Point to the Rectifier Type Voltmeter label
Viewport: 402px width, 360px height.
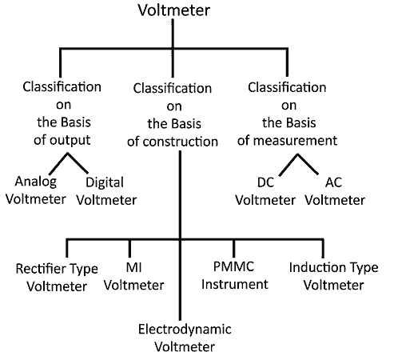(x=57, y=276)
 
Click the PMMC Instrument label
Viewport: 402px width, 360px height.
(x=234, y=276)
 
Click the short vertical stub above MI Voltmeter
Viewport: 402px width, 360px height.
(x=129, y=246)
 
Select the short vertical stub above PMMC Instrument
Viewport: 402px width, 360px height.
(x=234, y=246)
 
